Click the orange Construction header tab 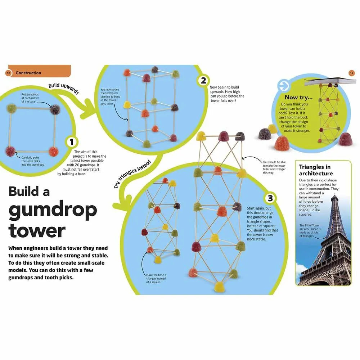point(40,71)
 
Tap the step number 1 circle point(72,142)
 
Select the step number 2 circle point(203,81)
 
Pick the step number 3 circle point(270,198)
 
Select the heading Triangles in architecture point(316,170)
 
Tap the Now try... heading point(298,97)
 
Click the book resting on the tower point(329,81)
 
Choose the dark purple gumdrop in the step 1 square point(55,109)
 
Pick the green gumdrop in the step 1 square point(12,108)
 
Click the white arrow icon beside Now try point(284,85)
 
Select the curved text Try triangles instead point(132,174)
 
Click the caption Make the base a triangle point(156,279)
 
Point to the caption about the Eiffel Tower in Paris point(310,230)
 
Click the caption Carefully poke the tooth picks point(33,161)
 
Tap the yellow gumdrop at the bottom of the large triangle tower point(219,287)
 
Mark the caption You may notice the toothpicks point(110,96)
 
